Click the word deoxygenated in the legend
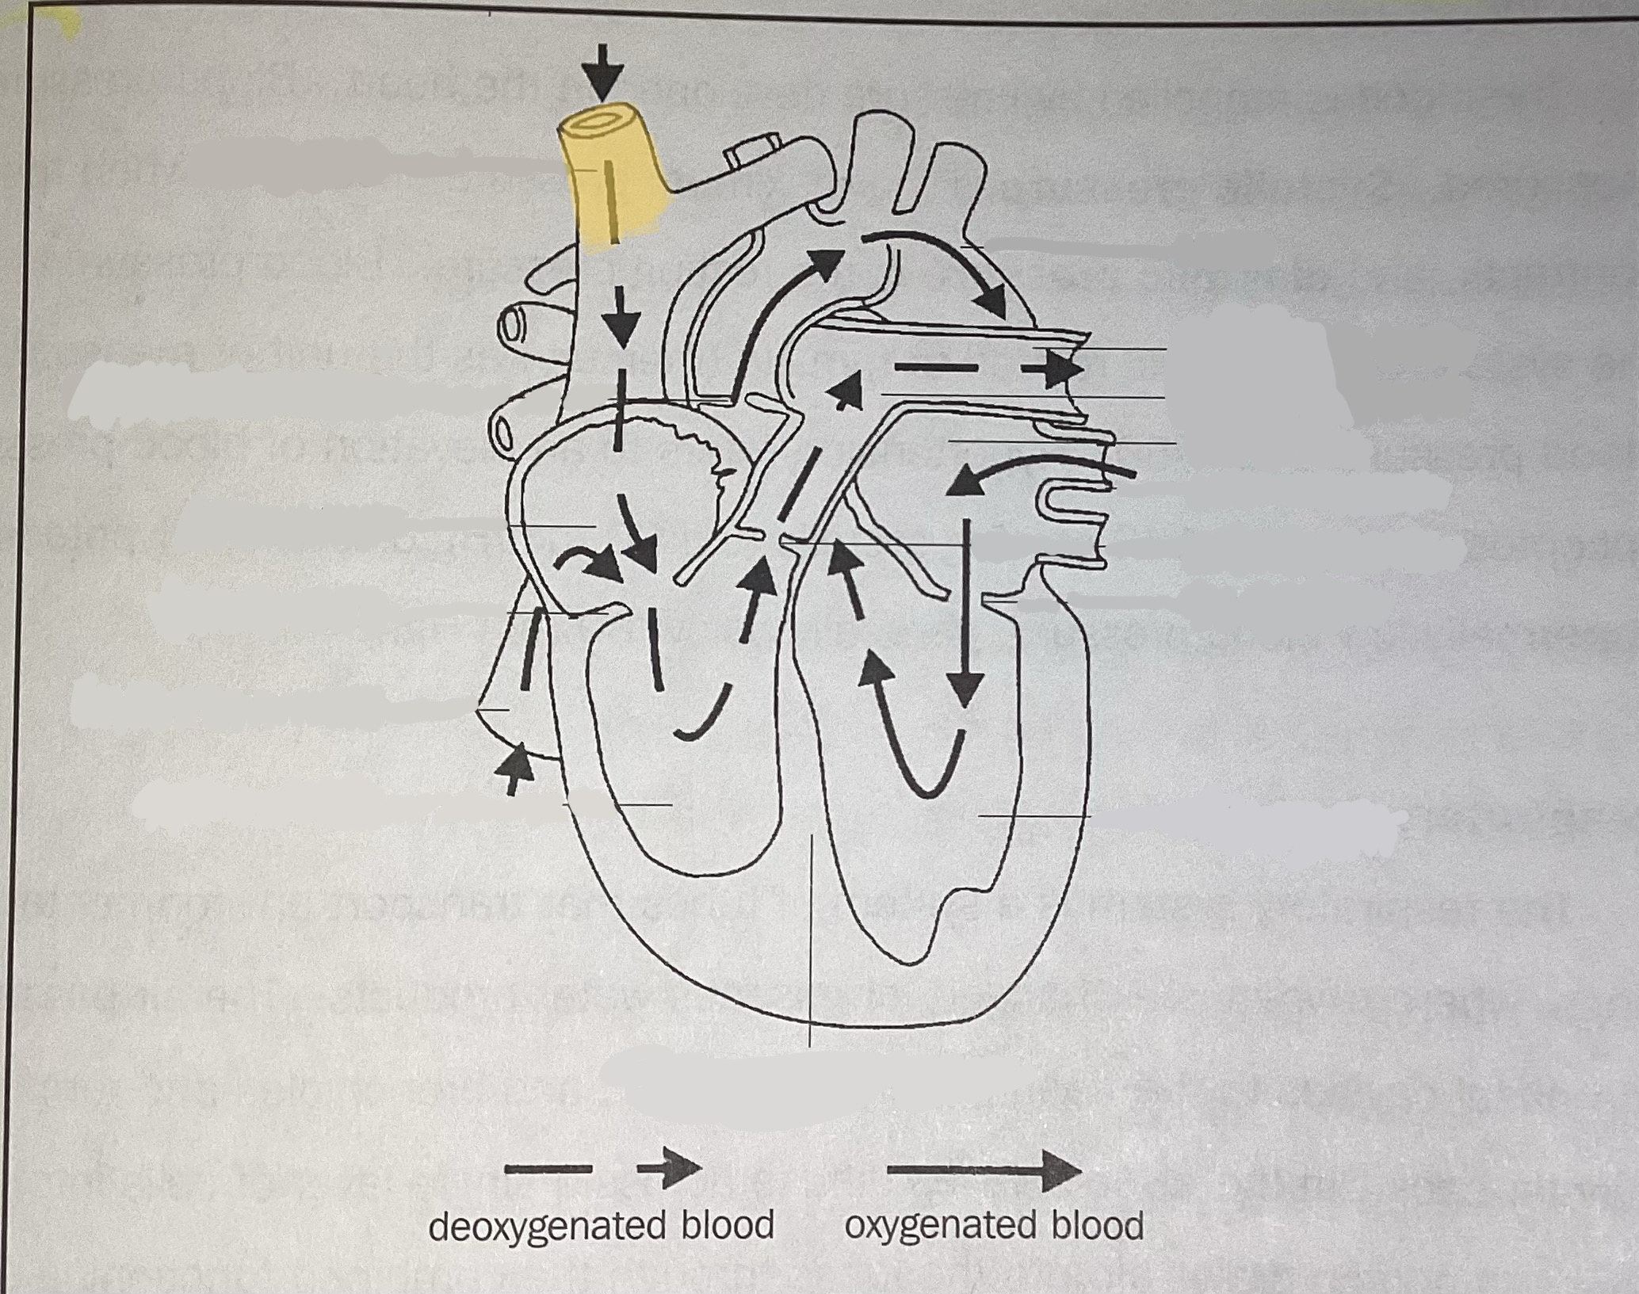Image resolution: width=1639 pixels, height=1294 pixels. [x=547, y=1224]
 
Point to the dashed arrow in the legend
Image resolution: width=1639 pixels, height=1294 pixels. [x=602, y=1168]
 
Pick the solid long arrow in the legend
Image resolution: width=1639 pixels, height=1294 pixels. [x=983, y=1170]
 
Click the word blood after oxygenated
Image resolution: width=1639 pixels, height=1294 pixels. [x=1098, y=1224]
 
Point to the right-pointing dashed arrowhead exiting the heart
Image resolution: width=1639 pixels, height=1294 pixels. [x=1058, y=369]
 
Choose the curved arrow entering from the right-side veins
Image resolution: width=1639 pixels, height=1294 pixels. [x=1030, y=471]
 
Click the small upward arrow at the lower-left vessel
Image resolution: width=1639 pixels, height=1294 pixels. [x=514, y=765]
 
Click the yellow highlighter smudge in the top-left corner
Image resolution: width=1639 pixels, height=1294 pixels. [x=59, y=24]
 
